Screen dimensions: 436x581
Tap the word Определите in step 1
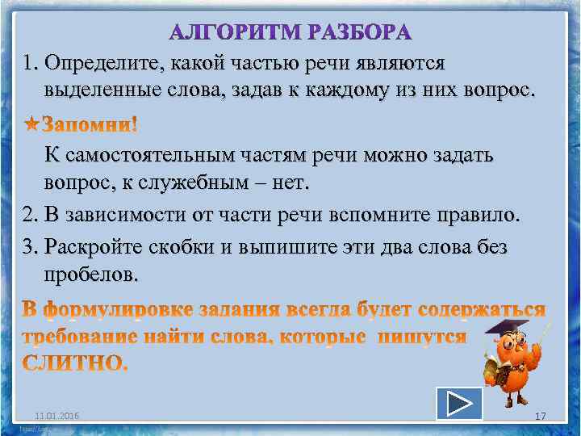[x=102, y=63]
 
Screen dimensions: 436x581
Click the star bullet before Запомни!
[x=31, y=125]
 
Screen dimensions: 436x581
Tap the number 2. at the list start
[x=31, y=216]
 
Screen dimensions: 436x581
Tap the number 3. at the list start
[x=31, y=247]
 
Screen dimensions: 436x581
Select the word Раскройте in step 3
[x=84, y=247]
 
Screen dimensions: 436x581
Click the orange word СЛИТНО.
[x=74, y=363]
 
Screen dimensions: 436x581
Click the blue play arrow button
[x=458, y=404]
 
